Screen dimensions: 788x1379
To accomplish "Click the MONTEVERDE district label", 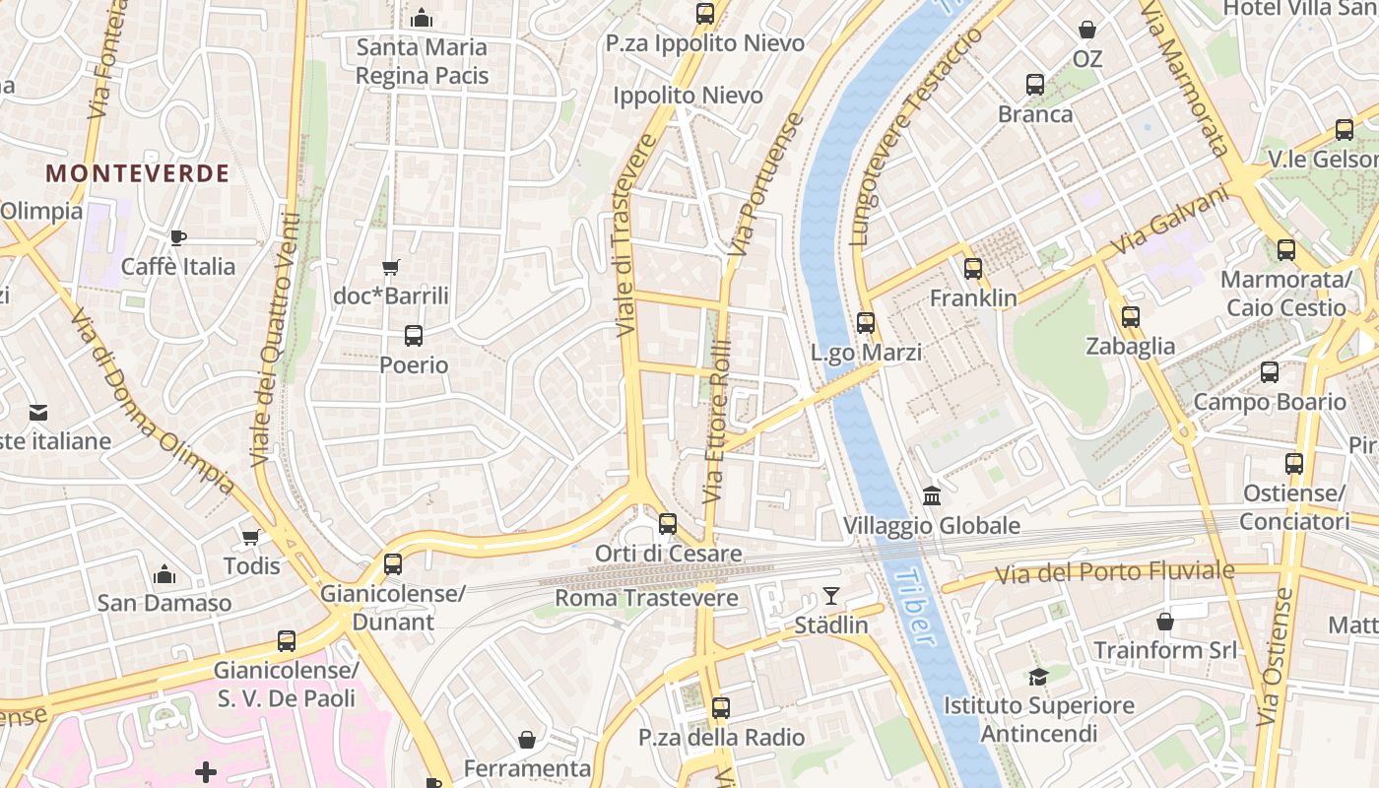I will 137,173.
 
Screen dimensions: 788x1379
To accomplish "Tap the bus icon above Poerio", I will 414,336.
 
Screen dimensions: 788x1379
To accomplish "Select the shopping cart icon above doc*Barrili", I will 391,267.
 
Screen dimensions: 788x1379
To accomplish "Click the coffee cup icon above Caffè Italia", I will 177,237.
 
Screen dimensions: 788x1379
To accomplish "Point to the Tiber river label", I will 913,606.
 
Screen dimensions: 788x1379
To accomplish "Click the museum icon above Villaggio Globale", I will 931,495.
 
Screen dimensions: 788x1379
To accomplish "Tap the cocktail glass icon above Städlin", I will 831,596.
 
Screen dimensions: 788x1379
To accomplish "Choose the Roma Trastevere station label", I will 646,598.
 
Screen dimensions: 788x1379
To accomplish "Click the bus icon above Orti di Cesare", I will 668,524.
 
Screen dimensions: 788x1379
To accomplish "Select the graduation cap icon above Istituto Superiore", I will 1038,676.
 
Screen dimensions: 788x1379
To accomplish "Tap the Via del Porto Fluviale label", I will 1114,572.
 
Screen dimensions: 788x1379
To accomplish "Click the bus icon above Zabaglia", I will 1130,317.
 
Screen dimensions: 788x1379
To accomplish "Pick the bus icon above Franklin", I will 973,268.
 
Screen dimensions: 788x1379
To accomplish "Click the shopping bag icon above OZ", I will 1087,30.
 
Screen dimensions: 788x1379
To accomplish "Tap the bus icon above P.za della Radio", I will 721,707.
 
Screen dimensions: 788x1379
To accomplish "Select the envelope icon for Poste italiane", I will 37,412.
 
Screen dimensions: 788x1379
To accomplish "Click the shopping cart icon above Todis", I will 251,537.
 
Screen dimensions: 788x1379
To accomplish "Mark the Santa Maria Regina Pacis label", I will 422,60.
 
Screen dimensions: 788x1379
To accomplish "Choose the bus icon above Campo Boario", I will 1270,372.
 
